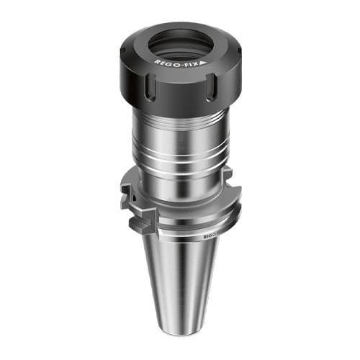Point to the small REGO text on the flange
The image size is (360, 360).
pyautogui.click(x=209, y=235)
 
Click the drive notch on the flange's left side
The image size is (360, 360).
pyautogui.click(x=127, y=194)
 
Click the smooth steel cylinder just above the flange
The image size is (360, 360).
pyautogui.click(x=180, y=180)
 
